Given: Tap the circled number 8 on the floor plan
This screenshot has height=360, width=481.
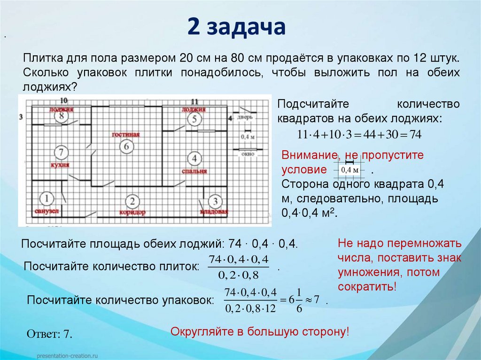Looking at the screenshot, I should click(x=61, y=117).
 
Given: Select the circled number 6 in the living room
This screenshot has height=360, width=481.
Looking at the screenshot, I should click(x=125, y=146).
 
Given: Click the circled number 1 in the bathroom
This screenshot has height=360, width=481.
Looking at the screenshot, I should click(x=46, y=199).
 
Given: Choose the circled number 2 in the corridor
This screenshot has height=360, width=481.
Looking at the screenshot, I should click(x=132, y=202).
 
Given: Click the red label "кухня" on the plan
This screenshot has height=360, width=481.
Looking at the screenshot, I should click(x=61, y=165).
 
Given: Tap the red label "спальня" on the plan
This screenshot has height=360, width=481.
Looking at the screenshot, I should click(x=194, y=171).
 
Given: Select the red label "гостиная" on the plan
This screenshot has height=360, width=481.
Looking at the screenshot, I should click(x=126, y=135).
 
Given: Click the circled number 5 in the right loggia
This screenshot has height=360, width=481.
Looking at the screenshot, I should click(x=194, y=120).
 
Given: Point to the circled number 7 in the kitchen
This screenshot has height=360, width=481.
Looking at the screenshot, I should click(x=61, y=152).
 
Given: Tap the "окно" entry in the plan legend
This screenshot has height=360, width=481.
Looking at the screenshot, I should click(x=247, y=153).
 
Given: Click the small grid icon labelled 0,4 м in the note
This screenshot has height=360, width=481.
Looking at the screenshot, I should click(x=349, y=169).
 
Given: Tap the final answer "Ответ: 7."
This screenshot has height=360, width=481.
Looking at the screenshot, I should click(x=49, y=334).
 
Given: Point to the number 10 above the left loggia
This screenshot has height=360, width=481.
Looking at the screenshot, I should click(x=63, y=100).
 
